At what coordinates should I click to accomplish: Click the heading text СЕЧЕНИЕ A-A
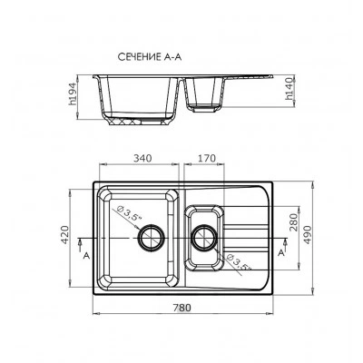click(x=150, y=57)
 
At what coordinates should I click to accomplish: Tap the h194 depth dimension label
click(x=72, y=93)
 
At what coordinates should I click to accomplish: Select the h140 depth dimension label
click(x=289, y=89)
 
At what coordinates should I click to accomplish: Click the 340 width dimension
click(x=142, y=158)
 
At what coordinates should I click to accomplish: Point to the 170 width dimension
click(x=207, y=158)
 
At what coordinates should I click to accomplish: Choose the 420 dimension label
click(x=65, y=235)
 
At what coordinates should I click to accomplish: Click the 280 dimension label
click(x=294, y=222)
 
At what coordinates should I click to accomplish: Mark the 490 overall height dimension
click(x=307, y=235)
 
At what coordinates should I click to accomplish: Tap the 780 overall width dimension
click(x=182, y=308)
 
